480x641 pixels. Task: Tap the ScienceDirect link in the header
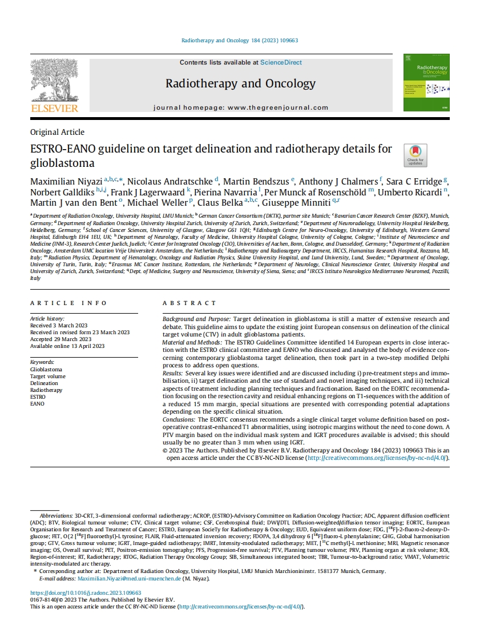pos(281,62)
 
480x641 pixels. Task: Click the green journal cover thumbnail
pos(426,82)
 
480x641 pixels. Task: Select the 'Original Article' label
pos(57,132)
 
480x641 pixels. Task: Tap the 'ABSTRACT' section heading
pos(189,303)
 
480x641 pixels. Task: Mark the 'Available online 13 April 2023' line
pos(67,346)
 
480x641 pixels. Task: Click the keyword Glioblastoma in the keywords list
pos(46,370)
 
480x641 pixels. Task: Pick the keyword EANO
pos(37,404)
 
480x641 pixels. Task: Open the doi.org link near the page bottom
pos(85,593)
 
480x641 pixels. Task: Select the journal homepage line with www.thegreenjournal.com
pos(241,107)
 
